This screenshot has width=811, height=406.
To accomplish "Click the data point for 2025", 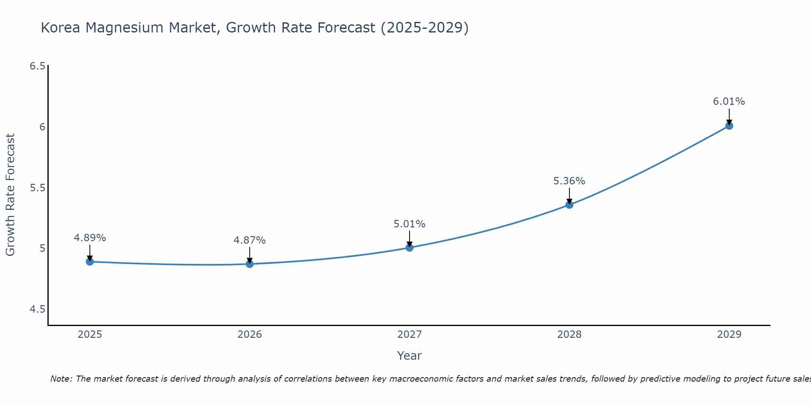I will [90, 261].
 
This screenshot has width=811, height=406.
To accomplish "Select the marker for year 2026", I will [249, 264].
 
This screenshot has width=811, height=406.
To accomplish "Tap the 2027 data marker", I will [409, 247].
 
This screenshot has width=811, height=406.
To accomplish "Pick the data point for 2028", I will [569, 205].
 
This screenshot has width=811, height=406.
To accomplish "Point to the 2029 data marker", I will [729, 126].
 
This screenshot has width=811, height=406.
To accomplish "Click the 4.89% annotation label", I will [90, 238].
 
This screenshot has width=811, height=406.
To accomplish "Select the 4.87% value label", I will [249, 240].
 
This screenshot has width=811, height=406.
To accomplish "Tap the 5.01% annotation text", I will [409, 224].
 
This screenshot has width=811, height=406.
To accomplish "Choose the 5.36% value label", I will [569, 181].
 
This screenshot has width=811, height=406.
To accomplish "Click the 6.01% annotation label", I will [729, 101].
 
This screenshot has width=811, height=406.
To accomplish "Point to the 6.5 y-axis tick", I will [38, 66].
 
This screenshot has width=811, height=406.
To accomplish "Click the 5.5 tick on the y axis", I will [38, 188].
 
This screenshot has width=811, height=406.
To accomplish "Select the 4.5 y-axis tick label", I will [38, 309].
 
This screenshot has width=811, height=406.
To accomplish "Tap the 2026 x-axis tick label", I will [249, 335].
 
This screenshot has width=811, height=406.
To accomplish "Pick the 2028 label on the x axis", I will [569, 335].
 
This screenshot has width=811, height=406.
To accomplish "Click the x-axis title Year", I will [409, 356].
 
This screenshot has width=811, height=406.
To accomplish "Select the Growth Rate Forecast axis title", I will [10, 195].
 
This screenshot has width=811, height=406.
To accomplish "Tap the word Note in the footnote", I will [60, 379].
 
